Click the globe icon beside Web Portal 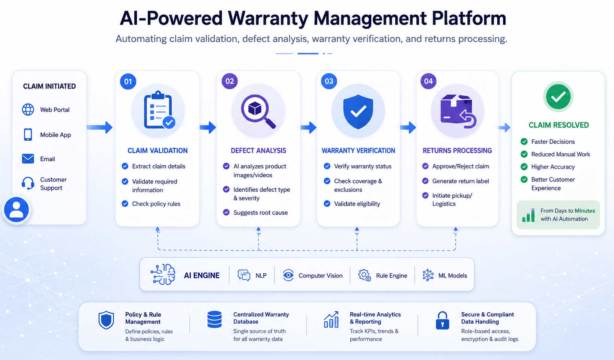pos(28,109)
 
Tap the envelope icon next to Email pos(28,159)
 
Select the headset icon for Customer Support pos(28,183)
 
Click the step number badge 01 pos(128,81)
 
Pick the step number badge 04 pos(428,81)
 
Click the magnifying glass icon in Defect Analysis pos(258,111)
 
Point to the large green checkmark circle pos(558,96)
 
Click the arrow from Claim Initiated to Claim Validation pos(99,127)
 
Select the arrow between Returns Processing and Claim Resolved pos(504,127)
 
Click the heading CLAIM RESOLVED pos(558,125)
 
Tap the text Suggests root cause pos(260,213)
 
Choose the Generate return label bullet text pos(461,181)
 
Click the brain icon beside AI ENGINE pos(163,274)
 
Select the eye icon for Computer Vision pos(288,275)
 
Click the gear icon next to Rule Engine pos(365,275)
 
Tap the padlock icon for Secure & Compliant pos(443,320)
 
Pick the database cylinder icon pos(214,319)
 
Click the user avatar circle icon pos(17,210)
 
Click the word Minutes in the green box pos(585,211)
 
